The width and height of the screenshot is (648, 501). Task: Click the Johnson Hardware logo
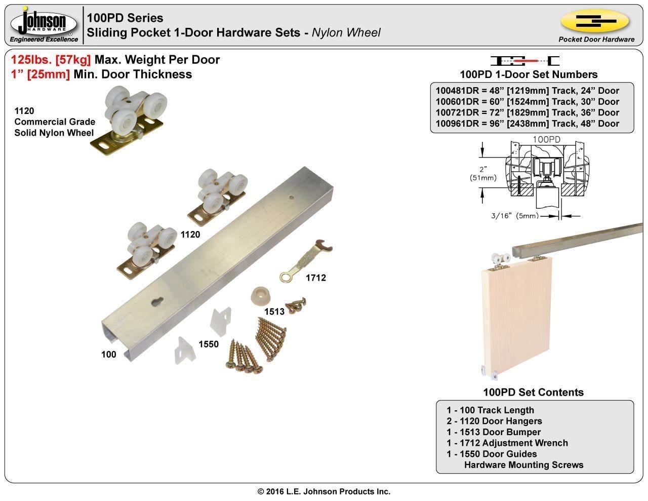(45, 25)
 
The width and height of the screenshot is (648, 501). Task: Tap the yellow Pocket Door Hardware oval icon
(594, 21)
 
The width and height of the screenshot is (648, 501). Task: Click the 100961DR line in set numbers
(527, 124)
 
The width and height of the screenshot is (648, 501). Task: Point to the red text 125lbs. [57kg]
(51, 60)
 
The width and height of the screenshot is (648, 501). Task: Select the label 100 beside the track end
(109, 355)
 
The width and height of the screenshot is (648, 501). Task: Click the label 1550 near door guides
(208, 344)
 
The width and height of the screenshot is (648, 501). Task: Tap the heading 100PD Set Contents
(533, 392)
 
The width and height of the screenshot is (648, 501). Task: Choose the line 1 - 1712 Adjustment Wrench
(507, 443)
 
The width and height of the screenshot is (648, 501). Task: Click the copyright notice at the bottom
(324, 491)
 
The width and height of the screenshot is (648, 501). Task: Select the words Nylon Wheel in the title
(346, 33)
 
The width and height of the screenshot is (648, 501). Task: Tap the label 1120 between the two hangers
(190, 235)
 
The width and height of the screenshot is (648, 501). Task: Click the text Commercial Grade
(55, 122)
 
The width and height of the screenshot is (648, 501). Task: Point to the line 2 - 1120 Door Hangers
(494, 421)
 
